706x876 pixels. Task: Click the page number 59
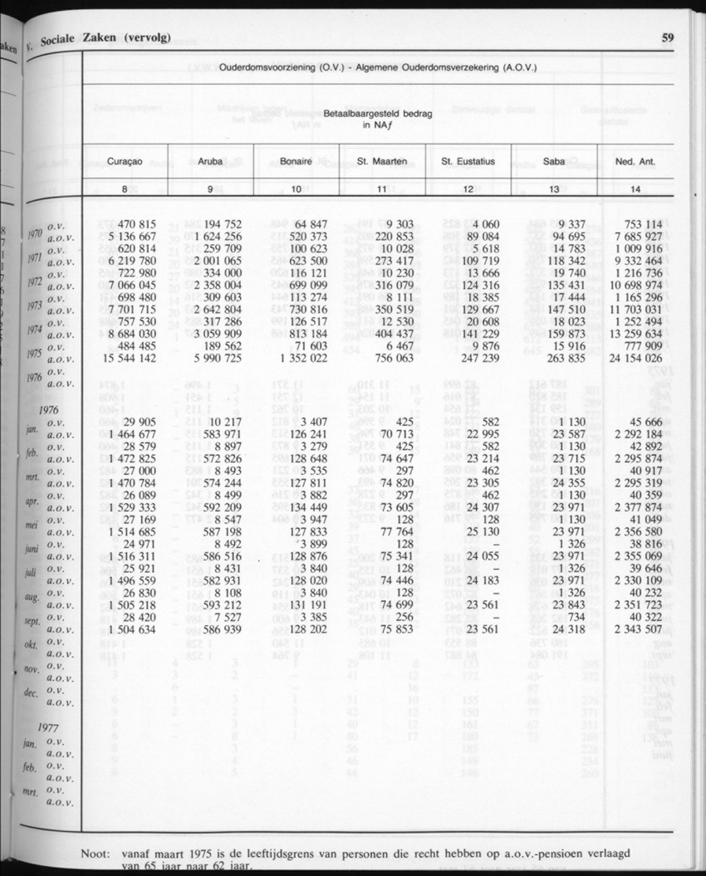tap(668, 37)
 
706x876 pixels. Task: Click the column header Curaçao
tap(125, 161)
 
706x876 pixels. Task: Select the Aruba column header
tap(211, 161)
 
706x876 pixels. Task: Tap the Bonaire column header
tap(297, 161)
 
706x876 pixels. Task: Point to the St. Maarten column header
tap(382, 161)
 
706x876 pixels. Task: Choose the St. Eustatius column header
tap(468, 161)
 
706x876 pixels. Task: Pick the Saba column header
tap(554, 161)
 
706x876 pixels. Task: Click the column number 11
tap(382, 189)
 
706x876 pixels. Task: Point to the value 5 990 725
tap(210, 358)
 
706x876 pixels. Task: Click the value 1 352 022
tap(297, 358)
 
